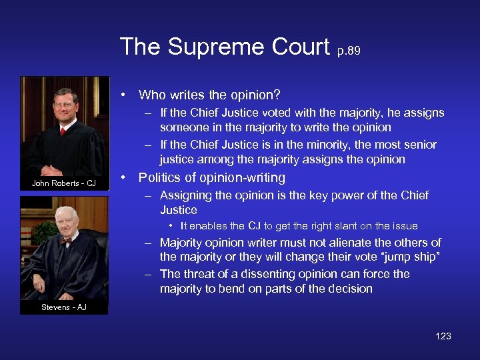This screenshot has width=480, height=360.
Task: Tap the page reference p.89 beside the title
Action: (x=348, y=51)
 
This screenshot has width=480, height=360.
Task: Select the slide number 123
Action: (x=443, y=336)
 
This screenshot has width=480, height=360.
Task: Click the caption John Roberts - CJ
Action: (x=65, y=183)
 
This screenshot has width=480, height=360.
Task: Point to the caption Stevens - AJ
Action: (x=64, y=307)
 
